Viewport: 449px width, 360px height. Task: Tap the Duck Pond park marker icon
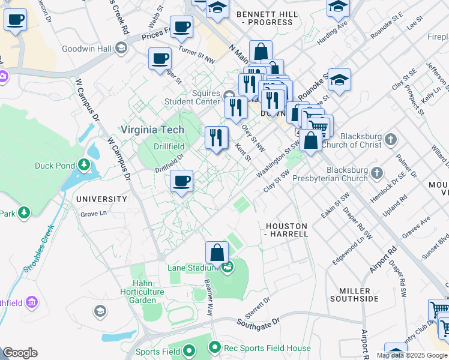[x=85, y=165]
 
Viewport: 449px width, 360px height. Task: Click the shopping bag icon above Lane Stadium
[x=217, y=253]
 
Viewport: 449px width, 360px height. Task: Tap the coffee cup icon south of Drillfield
[x=181, y=181]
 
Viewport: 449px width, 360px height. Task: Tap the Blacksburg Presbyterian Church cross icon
[x=377, y=173]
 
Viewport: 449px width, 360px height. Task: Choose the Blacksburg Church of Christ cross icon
[x=391, y=140]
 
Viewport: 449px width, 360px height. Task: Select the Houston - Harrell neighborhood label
[x=286, y=230]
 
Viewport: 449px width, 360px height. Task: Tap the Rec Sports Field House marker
[x=215, y=347]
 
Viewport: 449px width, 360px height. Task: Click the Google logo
[x=20, y=353]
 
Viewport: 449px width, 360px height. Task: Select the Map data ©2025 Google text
[x=412, y=355]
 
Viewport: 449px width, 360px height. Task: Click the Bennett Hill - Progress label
[x=265, y=17]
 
